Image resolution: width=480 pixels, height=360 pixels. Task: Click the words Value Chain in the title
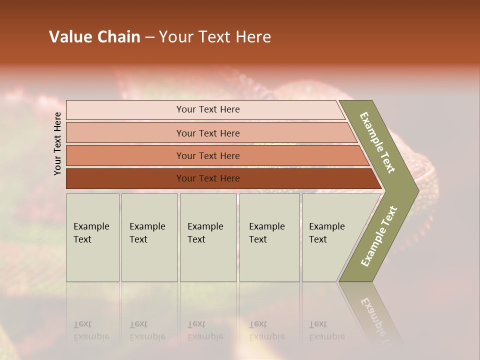pos(94,37)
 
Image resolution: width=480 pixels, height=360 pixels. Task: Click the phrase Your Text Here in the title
pos(215,37)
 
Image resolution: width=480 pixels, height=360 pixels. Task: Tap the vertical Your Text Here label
pos(57,143)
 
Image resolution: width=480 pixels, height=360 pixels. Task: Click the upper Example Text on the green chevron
pos(377,142)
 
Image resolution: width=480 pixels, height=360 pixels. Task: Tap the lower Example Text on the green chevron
pos(379,236)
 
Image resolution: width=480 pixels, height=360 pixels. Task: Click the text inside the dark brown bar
pos(208,178)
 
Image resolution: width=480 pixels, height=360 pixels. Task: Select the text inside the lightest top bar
pos(208,109)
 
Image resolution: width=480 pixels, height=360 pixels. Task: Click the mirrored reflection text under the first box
pos(91,330)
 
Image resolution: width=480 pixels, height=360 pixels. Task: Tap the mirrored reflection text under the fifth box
pos(326,330)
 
